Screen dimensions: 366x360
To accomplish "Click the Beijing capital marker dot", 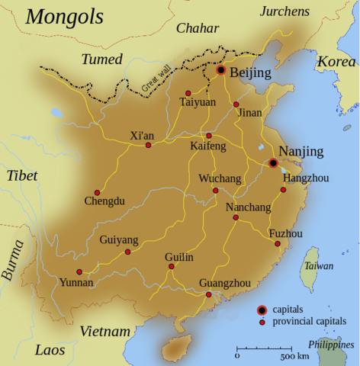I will point(221,70).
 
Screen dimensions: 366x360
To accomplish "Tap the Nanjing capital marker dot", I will point(273,162).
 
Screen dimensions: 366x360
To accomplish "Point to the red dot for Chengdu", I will point(97,192).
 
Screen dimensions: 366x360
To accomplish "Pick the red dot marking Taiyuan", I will point(188,93).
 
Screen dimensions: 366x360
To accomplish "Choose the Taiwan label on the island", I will point(314,266).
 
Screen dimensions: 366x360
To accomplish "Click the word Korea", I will point(336,61).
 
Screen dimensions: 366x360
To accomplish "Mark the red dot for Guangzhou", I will point(209,294).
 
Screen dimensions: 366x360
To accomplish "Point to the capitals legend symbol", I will point(262,309).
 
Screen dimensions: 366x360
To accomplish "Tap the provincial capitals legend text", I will point(309,322).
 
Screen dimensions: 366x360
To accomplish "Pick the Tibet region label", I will point(22,175).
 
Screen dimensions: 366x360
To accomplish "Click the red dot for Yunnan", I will point(79,271).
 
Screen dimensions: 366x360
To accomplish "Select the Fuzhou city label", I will point(286,233).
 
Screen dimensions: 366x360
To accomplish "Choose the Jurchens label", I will point(286,11).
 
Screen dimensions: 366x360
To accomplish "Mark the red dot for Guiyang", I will point(127,252).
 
